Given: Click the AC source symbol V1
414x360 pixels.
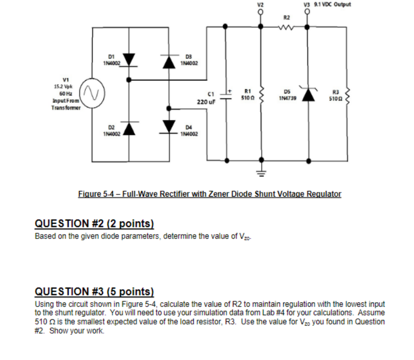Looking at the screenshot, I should pyautogui.click(x=93, y=94).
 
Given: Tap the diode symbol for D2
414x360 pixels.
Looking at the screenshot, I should pyautogui.click(x=129, y=128).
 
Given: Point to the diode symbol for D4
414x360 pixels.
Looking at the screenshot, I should pyautogui.click(x=169, y=126).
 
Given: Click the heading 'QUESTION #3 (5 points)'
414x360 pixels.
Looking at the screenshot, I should pyautogui.click(x=95, y=292).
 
